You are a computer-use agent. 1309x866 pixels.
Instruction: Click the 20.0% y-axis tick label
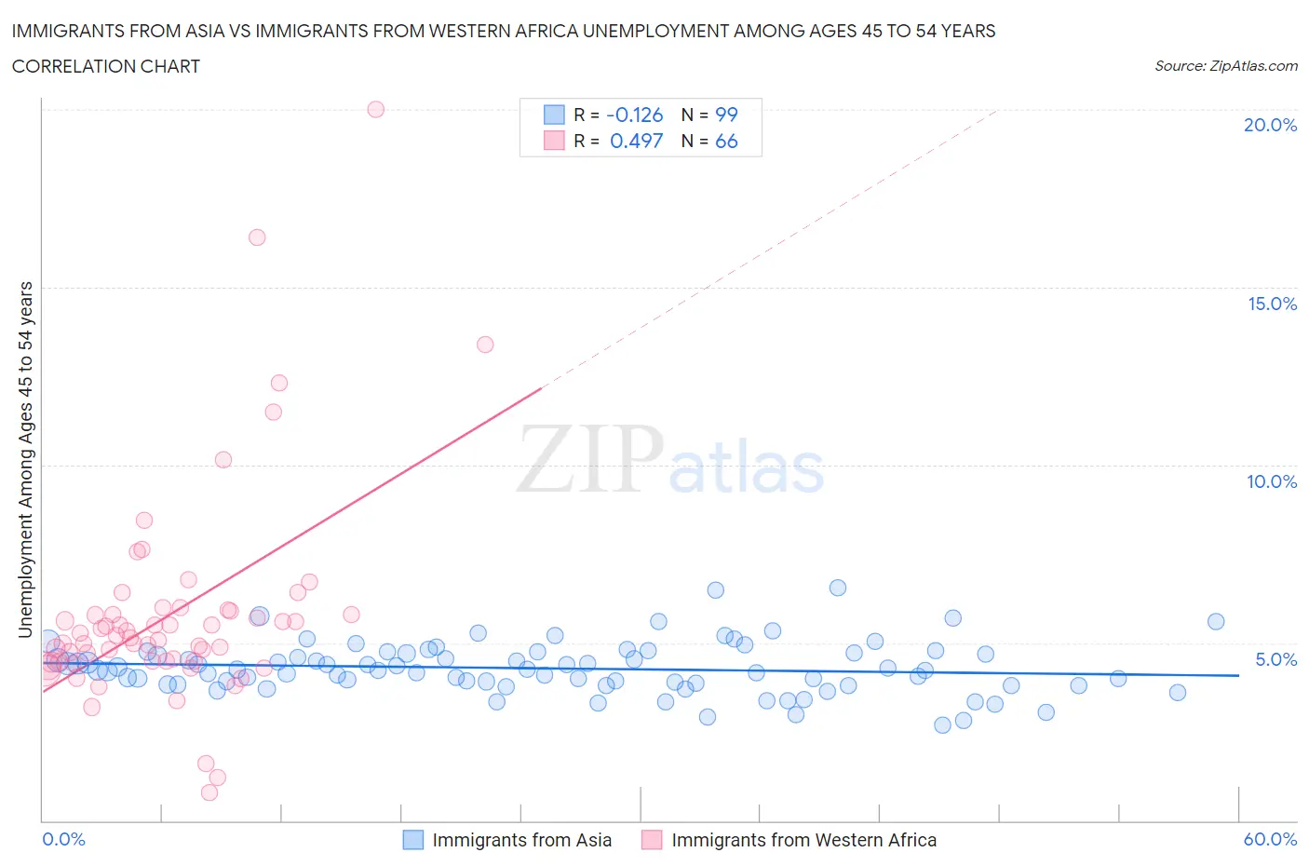(1270, 125)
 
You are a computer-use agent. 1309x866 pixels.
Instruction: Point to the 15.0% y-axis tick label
(1272, 304)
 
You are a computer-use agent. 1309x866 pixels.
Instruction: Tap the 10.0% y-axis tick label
(1272, 481)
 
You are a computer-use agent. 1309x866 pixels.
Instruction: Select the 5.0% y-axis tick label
(1275, 659)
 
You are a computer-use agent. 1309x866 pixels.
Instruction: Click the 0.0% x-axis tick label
(63, 839)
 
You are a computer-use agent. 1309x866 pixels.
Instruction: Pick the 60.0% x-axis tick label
(1270, 839)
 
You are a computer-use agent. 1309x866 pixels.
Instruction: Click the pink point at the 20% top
(376, 109)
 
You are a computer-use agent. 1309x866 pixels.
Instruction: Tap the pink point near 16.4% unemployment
(257, 237)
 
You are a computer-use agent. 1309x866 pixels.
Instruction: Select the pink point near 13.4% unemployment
(485, 345)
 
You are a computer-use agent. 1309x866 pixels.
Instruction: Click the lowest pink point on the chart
(209, 792)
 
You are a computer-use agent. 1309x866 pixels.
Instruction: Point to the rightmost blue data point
(1216, 622)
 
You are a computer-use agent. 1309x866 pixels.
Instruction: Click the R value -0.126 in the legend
(634, 115)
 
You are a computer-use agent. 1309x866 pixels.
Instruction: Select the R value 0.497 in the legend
(636, 141)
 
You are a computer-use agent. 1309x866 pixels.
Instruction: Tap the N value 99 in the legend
(726, 115)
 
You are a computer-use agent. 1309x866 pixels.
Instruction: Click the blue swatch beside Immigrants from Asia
(412, 839)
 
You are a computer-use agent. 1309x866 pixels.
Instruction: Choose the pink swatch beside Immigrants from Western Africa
(652, 839)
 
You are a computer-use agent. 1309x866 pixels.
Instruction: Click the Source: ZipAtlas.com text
(1225, 65)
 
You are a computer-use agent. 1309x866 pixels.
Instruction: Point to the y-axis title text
(25, 459)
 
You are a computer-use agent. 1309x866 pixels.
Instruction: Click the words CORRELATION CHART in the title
(106, 66)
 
